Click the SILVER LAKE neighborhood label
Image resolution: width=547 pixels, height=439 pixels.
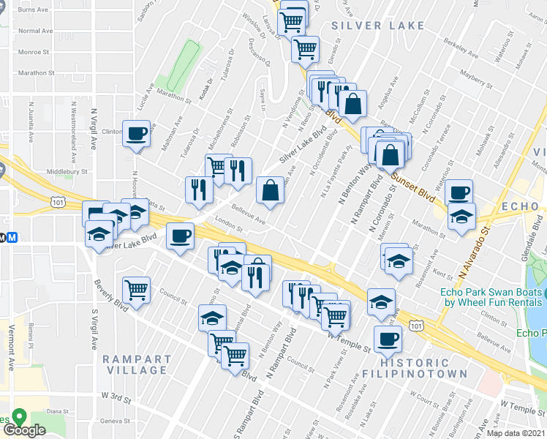[377, 26]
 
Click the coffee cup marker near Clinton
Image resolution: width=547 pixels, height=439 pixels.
[137, 133]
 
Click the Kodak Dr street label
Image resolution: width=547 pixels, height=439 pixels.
[206, 89]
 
